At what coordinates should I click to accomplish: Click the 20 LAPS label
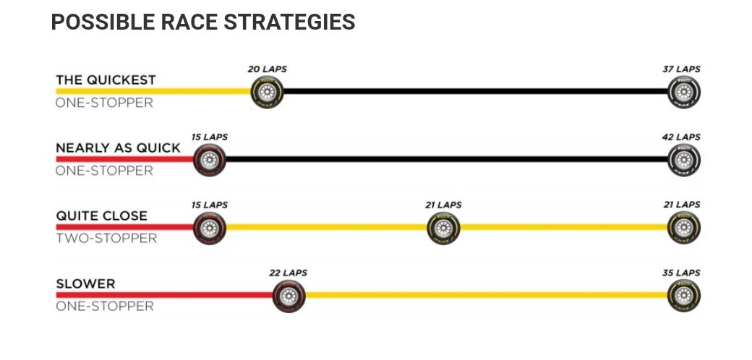tap(267, 69)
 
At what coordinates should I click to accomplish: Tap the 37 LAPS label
tap(682, 69)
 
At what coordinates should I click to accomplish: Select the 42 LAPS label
tap(682, 137)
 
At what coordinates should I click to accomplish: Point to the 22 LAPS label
tap(288, 273)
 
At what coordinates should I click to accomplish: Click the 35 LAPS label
tap(682, 273)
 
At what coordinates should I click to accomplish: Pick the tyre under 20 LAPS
tap(267, 93)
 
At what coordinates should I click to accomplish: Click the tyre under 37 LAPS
tap(684, 93)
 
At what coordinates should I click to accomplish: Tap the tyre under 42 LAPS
tap(684, 160)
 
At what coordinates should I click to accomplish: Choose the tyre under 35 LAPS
tap(684, 296)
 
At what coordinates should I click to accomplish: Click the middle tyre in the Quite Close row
tap(443, 228)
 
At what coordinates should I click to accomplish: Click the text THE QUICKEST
tap(106, 80)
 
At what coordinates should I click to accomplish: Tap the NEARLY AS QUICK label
tap(118, 147)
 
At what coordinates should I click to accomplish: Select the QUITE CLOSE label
tap(101, 215)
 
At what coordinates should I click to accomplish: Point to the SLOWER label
tap(85, 283)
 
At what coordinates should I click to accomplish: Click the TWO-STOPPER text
tap(106, 238)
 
